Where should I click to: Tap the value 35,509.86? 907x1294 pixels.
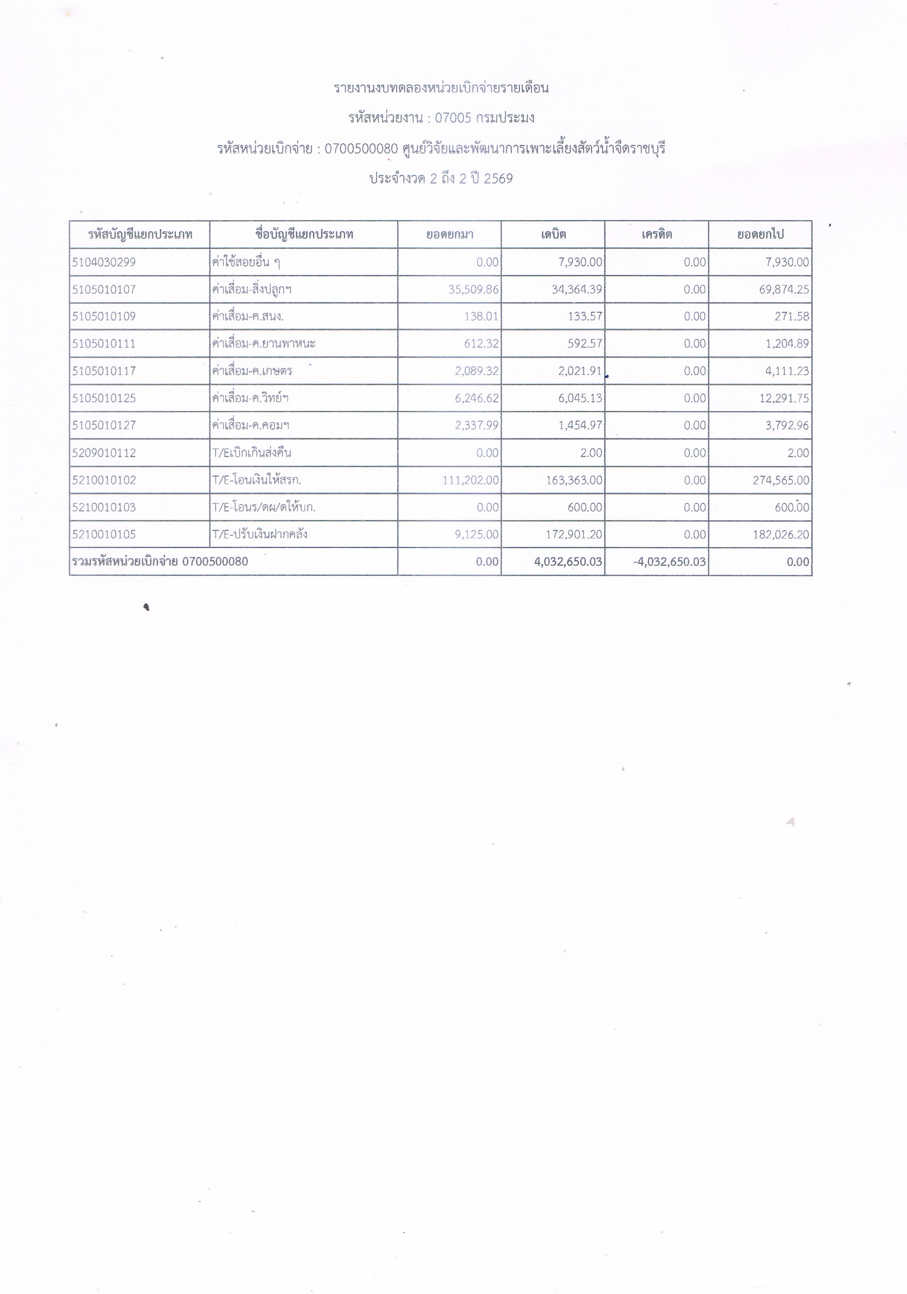point(473,290)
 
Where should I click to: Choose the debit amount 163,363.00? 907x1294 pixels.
point(573,480)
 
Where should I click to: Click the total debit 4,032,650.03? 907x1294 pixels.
point(567,562)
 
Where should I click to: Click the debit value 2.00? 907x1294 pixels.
point(591,453)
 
